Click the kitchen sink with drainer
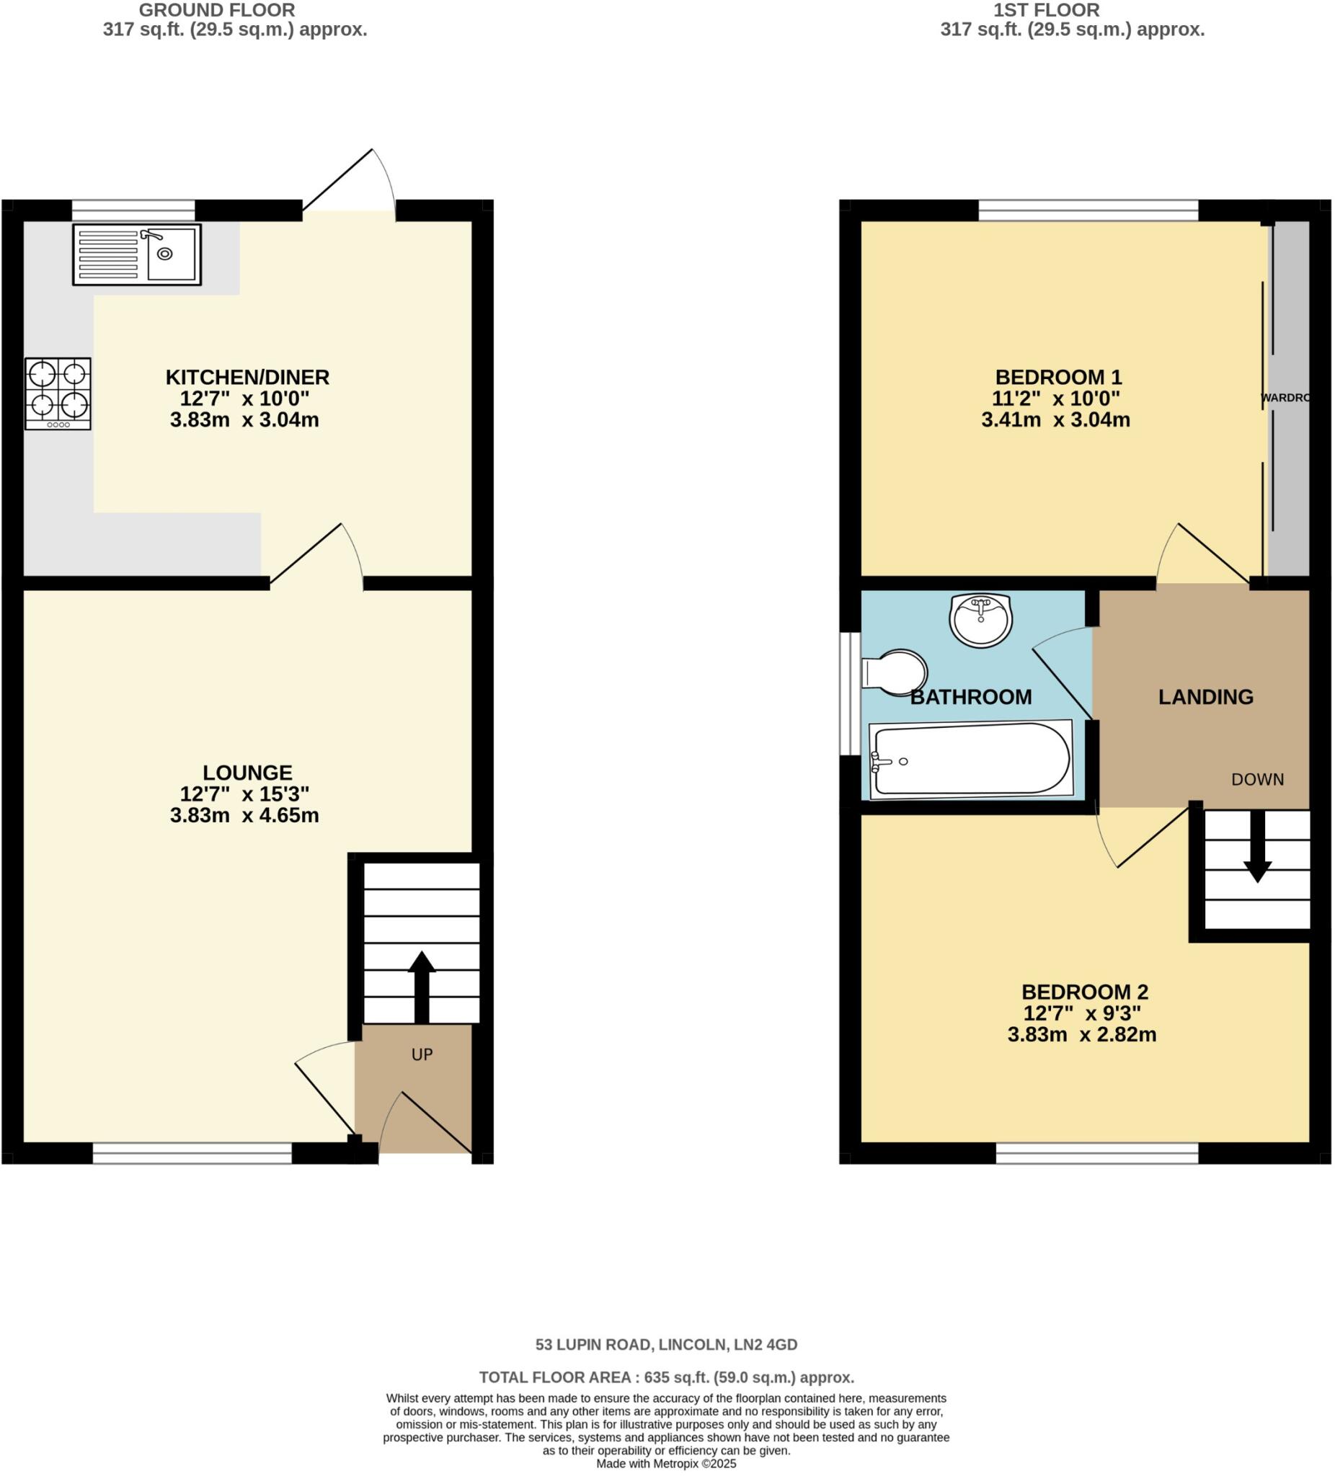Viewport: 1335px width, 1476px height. click(x=136, y=254)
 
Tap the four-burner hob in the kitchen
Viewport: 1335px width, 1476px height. click(x=58, y=394)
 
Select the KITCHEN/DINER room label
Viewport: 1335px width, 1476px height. click(x=247, y=377)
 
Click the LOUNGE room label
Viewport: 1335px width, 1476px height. click(x=247, y=773)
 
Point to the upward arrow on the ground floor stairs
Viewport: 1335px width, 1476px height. click(x=421, y=986)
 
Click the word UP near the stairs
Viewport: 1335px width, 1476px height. click(x=422, y=1054)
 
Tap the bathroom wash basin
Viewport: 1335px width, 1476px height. click(x=980, y=620)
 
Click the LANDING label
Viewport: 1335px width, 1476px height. click(x=1205, y=697)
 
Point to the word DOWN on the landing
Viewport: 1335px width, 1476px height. click(x=1257, y=780)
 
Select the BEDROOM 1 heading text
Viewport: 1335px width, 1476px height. click(x=1058, y=377)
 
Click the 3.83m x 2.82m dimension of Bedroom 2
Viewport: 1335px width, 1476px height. click(x=1081, y=1034)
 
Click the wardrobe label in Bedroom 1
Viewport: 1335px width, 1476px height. click(x=1285, y=398)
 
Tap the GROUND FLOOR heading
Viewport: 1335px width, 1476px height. click(x=217, y=10)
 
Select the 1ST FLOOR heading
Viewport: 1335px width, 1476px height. click(x=1046, y=10)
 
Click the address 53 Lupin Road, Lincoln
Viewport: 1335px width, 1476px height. click(x=665, y=1344)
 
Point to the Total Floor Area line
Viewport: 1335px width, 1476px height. click(x=666, y=1377)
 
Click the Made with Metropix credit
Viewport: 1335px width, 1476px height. click(x=665, y=1464)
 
